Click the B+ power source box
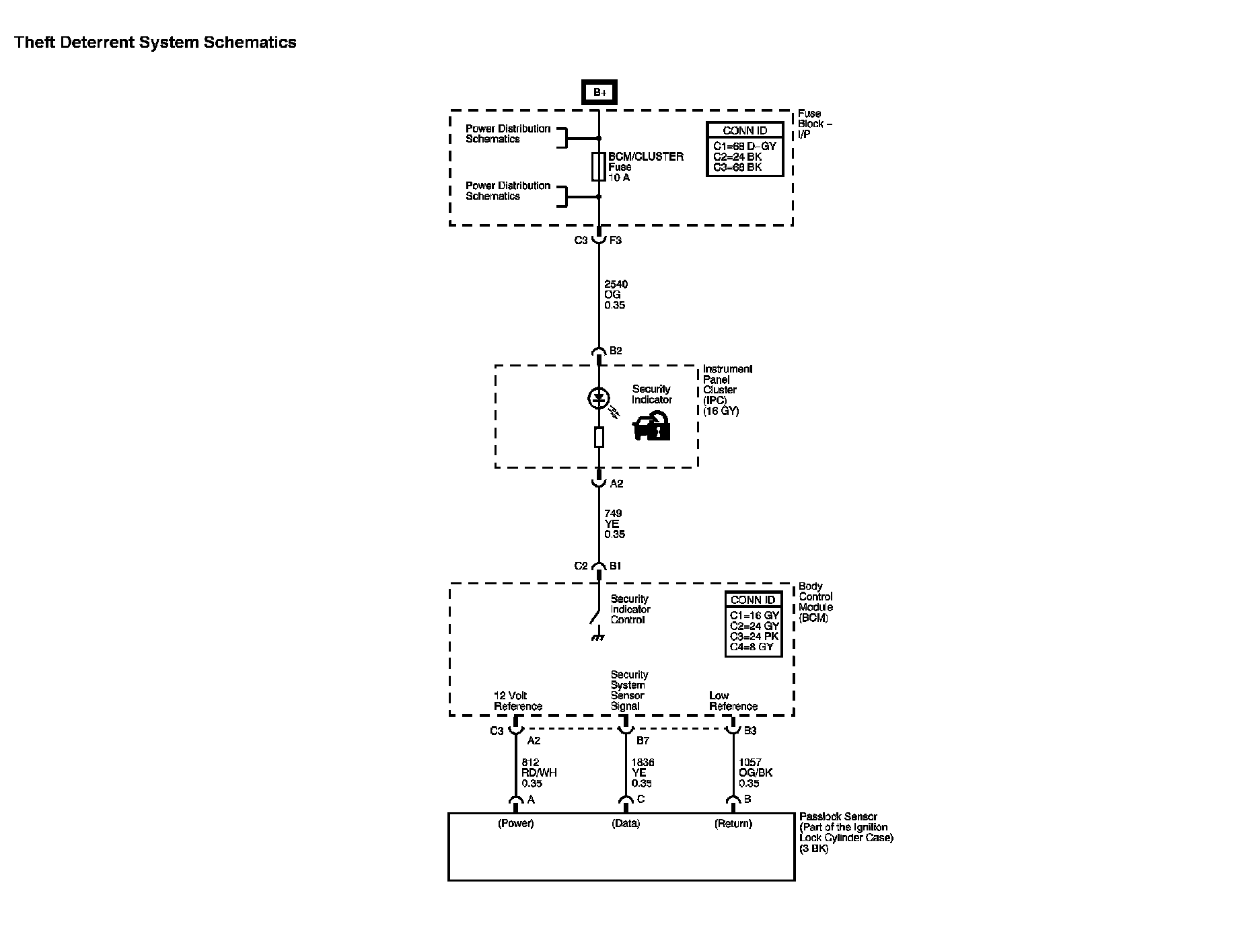click(x=599, y=92)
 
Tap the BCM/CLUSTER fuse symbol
click(x=598, y=167)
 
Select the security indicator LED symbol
click(x=598, y=399)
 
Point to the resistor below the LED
click(x=599, y=438)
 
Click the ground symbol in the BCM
click(x=596, y=635)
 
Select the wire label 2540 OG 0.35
click(x=616, y=295)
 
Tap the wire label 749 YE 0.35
click(x=614, y=524)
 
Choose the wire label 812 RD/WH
click(x=539, y=773)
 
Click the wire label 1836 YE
click(x=642, y=773)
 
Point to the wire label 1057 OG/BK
click(x=755, y=773)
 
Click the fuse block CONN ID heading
click(x=745, y=131)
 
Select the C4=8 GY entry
click(x=752, y=647)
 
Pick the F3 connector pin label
click(x=615, y=240)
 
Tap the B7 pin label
click(x=643, y=740)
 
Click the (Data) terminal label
click(x=626, y=824)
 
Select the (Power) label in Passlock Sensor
click(x=516, y=824)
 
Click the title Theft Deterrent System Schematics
click(x=155, y=42)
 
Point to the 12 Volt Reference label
click(x=517, y=701)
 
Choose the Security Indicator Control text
click(x=630, y=609)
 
